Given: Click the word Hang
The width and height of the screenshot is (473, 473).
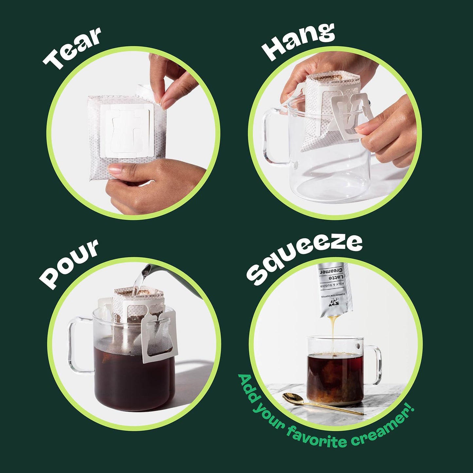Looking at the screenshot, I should click(x=298, y=41).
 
